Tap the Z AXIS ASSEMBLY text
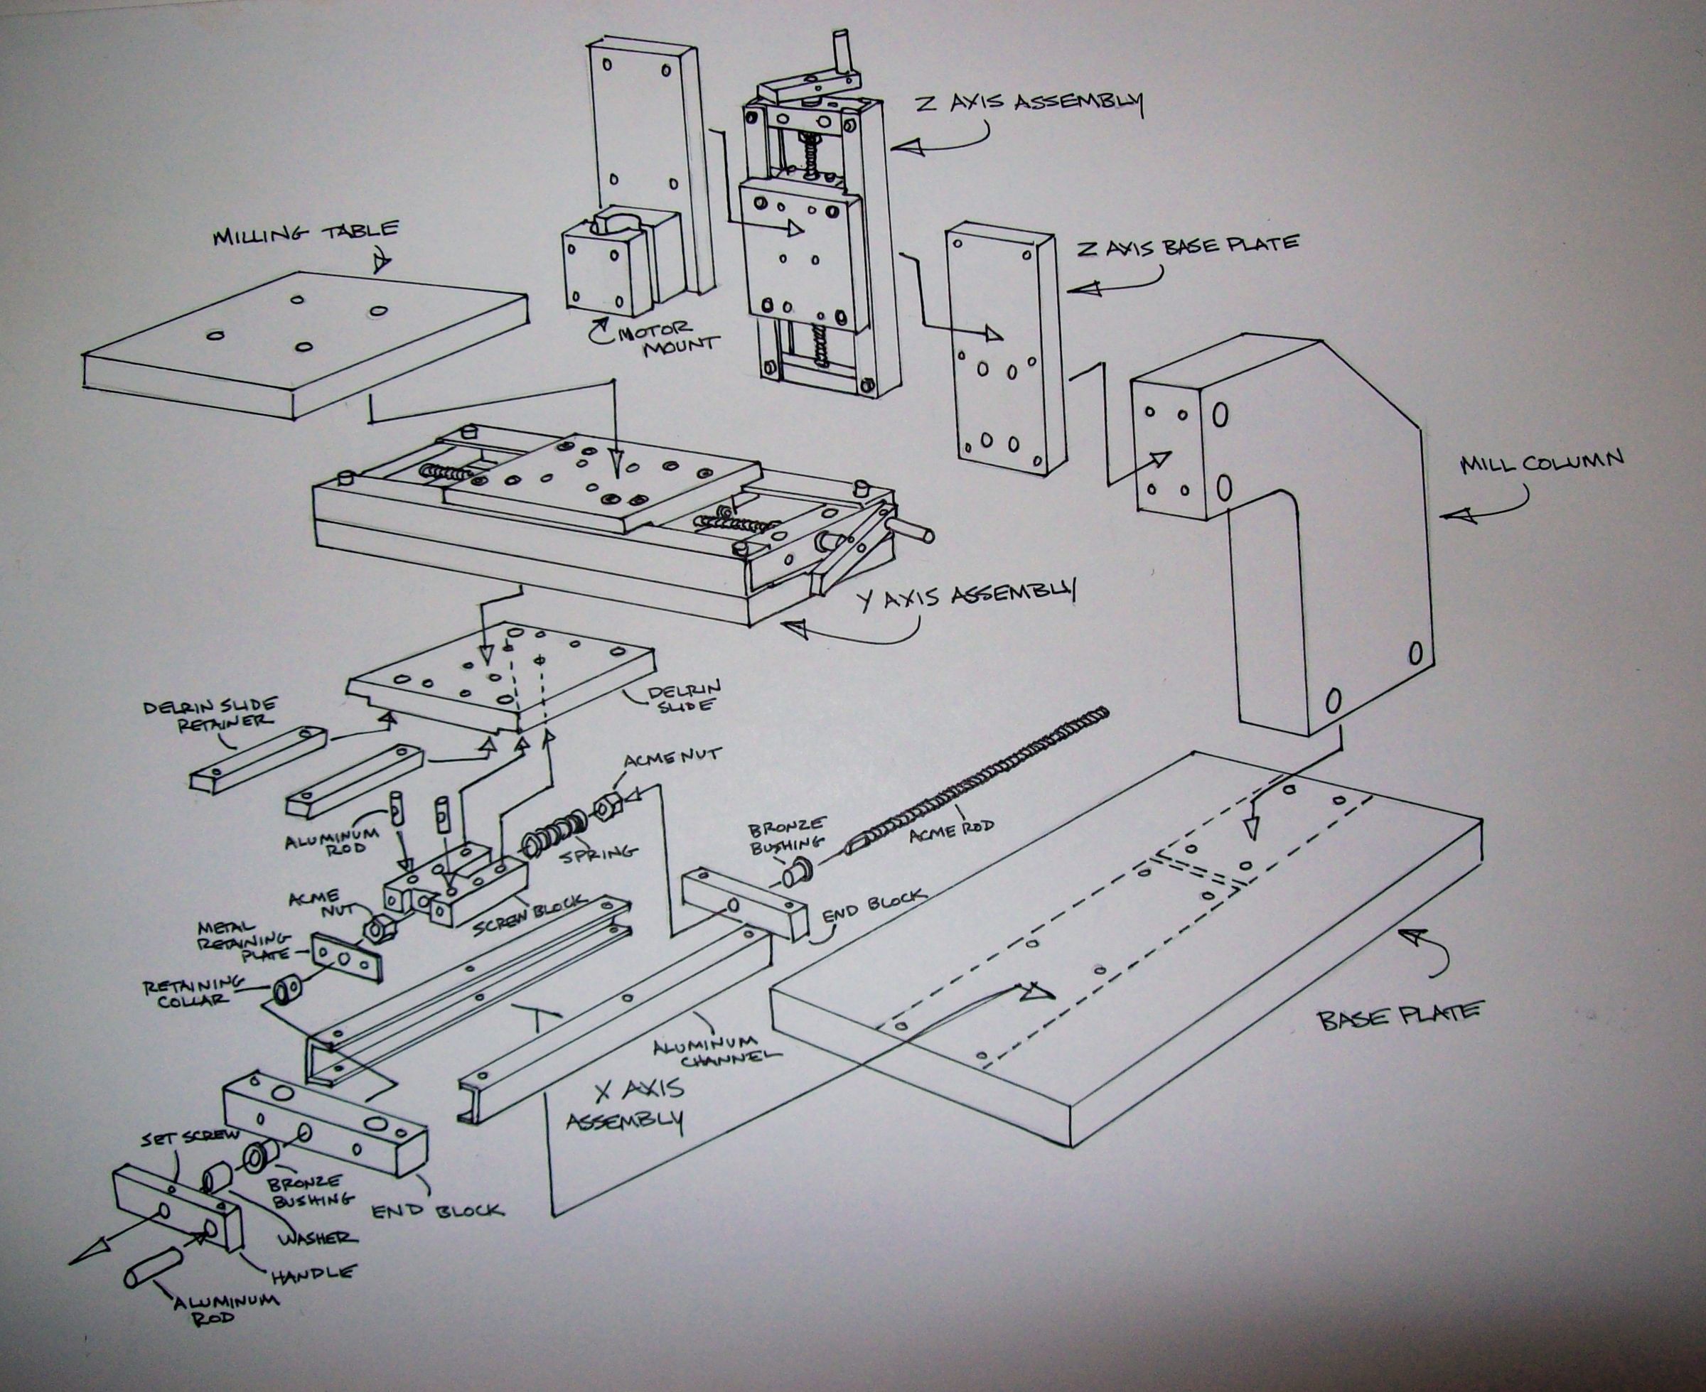(1029, 104)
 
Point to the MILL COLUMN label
(1541, 463)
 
